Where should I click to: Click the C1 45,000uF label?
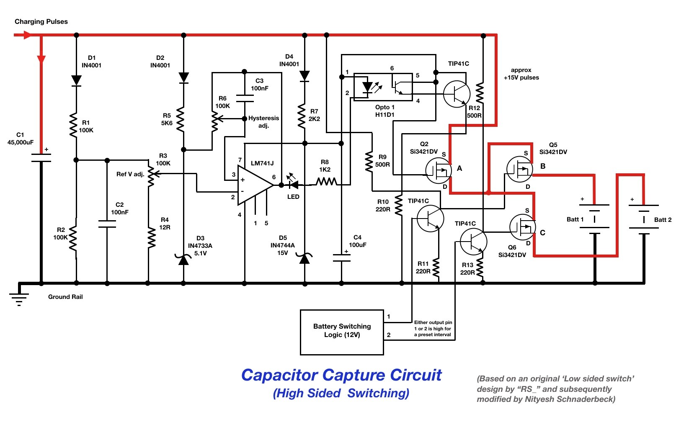pos(21,139)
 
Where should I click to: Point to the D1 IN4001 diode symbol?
pos(76,80)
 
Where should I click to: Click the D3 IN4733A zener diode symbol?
pos(183,259)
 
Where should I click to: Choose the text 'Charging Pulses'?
pos(41,21)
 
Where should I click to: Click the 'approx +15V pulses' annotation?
pos(521,74)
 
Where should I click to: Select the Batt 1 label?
pos(575,219)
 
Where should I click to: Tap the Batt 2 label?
pos(663,220)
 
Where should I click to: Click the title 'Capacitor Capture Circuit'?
pos(341,375)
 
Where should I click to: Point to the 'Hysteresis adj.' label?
pos(263,122)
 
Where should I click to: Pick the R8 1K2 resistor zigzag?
pos(326,182)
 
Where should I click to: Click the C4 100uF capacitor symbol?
pos(341,257)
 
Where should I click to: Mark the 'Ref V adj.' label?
pos(130,174)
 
